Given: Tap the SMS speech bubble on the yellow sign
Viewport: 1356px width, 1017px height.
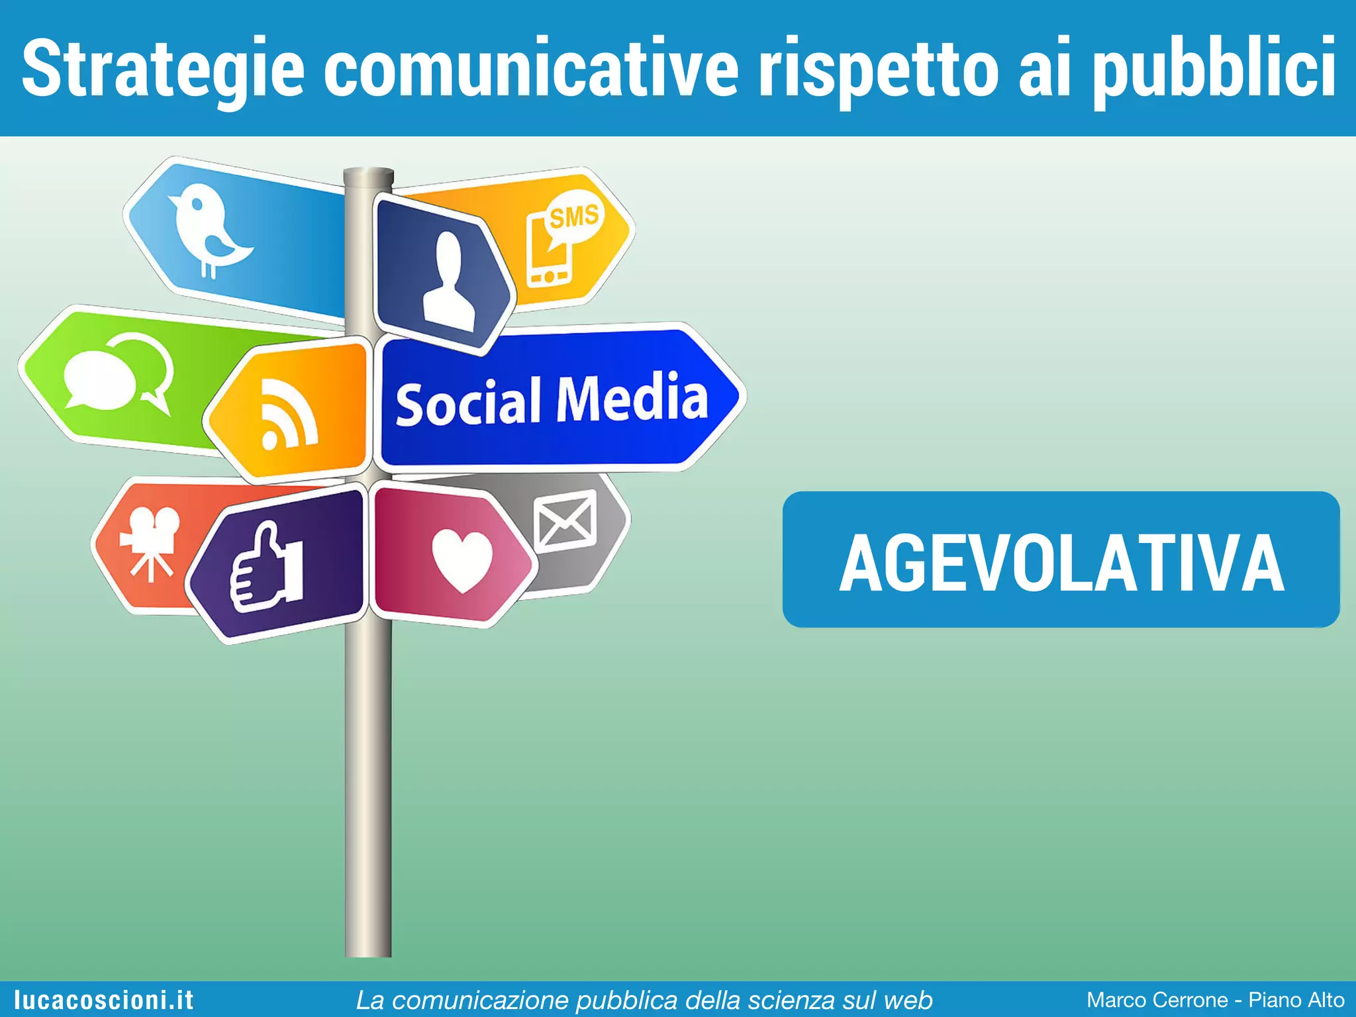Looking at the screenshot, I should pos(573,217).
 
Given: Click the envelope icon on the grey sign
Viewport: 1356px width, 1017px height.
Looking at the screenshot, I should pos(565,522).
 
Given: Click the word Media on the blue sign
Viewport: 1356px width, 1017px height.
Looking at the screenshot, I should pos(632,398).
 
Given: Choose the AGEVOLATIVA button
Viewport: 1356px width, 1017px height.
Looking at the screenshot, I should pos(1061,559).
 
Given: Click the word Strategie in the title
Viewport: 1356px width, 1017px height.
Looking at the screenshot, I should pos(163,69).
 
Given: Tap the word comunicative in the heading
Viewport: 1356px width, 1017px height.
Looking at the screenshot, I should pos(530,69).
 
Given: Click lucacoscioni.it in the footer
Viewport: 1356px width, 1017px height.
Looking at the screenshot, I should pos(104,1000).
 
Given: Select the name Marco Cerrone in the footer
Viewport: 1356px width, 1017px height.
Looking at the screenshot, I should pos(1157,1000).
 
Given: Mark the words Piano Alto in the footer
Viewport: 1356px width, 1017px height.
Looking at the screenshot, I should pos(1296,1000).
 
